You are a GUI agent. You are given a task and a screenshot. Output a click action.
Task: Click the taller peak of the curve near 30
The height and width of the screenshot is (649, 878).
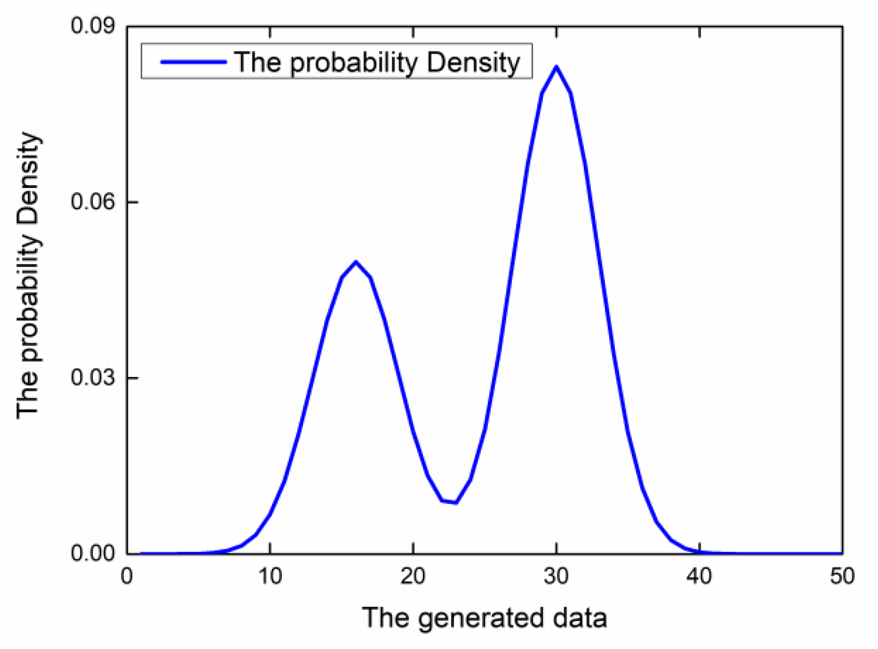(x=556, y=67)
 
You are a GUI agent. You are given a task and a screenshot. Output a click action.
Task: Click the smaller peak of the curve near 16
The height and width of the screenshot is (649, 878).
(x=356, y=262)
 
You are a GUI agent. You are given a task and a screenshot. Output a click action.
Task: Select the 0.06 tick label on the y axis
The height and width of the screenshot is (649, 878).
(x=92, y=202)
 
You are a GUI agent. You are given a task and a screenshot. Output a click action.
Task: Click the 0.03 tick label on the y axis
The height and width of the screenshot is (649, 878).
(x=92, y=378)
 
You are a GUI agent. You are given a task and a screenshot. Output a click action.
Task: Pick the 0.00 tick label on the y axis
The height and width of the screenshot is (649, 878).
(x=92, y=553)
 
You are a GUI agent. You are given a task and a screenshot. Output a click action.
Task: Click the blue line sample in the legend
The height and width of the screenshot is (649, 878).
(x=193, y=62)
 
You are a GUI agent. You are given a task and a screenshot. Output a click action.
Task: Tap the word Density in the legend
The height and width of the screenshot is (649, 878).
(x=473, y=63)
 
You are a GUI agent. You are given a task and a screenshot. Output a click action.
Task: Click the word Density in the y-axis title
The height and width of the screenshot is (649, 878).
(x=28, y=179)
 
